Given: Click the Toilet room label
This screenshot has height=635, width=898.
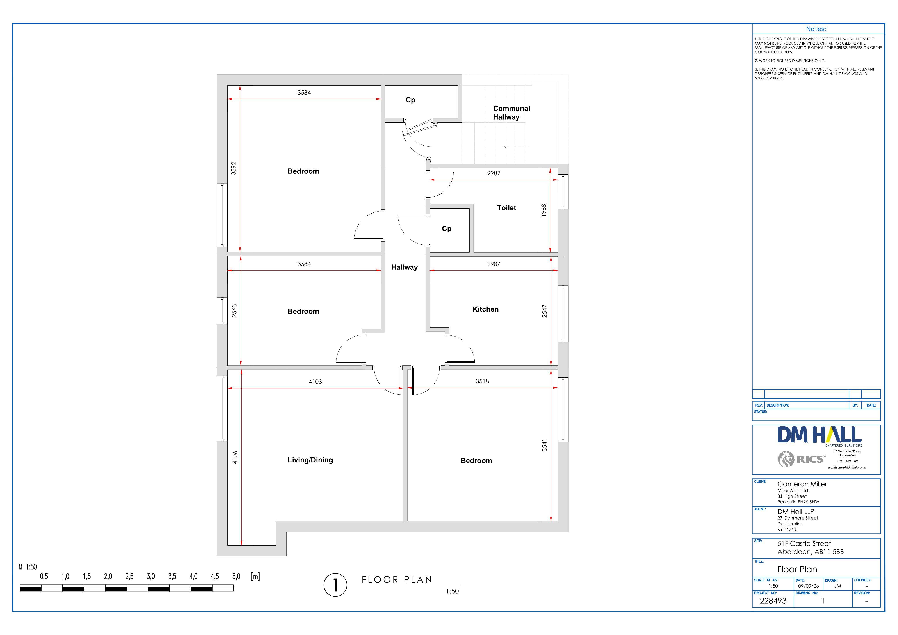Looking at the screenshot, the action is pyautogui.click(x=506, y=208).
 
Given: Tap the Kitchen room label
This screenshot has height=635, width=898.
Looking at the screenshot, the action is pyautogui.click(x=485, y=309).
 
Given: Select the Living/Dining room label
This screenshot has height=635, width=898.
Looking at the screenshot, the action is pyautogui.click(x=310, y=460).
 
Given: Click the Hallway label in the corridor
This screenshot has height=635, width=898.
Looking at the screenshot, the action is pyautogui.click(x=404, y=267).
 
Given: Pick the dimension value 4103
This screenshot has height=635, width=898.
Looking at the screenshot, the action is pyautogui.click(x=315, y=382).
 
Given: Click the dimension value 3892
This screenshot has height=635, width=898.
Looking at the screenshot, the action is pyautogui.click(x=233, y=168).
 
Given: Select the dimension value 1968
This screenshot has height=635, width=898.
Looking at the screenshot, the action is pyautogui.click(x=544, y=210).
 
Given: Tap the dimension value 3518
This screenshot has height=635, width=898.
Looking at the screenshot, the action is pyautogui.click(x=482, y=381).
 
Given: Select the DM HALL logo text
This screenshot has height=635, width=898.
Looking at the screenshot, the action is pyautogui.click(x=819, y=435).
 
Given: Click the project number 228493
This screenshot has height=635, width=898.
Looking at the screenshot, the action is pyautogui.click(x=773, y=601).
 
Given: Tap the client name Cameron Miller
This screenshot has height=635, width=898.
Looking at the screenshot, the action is pyautogui.click(x=802, y=484).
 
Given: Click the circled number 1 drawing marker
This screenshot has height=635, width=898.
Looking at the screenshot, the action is pyautogui.click(x=335, y=585).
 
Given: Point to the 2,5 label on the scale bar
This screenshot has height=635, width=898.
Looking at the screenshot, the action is pyautogui.click(x=129, y=576).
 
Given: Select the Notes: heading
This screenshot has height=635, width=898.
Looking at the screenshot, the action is pyautogui.click(x=816, y=29).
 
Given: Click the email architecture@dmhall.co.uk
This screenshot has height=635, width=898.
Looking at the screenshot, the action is pyautogui.click(x=847, y=467).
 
